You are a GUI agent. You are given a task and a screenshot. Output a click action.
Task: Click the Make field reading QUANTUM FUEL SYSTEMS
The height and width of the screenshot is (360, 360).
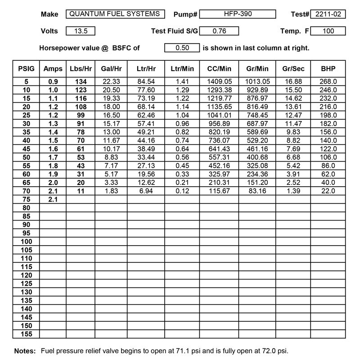point(115,14)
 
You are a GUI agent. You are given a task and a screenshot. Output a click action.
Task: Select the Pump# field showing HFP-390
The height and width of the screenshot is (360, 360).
point(238,14)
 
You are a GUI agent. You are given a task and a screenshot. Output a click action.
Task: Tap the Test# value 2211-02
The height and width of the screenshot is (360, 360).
point(328,14)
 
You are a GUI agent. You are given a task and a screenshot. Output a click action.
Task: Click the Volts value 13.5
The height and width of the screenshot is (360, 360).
point(80,31)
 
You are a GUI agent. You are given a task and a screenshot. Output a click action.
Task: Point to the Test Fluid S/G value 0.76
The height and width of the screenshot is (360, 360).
point(219,31)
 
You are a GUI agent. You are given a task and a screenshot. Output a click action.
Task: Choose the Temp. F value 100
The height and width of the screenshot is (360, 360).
point(328,31)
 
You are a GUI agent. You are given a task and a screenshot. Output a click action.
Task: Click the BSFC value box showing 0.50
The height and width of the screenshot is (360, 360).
point(181,47)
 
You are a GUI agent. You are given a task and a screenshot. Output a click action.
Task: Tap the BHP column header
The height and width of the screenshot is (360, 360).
point(328,69)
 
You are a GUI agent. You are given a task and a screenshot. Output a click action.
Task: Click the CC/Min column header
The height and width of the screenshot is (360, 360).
point(220,69)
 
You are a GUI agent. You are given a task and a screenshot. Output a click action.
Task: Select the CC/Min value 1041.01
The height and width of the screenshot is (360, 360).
point(220,115)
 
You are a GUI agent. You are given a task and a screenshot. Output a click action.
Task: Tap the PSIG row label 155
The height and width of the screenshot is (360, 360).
point(26,334)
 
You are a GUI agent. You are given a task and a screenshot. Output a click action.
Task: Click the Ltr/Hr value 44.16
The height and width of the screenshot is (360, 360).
point(146,140)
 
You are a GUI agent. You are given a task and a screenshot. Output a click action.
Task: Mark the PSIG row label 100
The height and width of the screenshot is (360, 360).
point(26,241)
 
